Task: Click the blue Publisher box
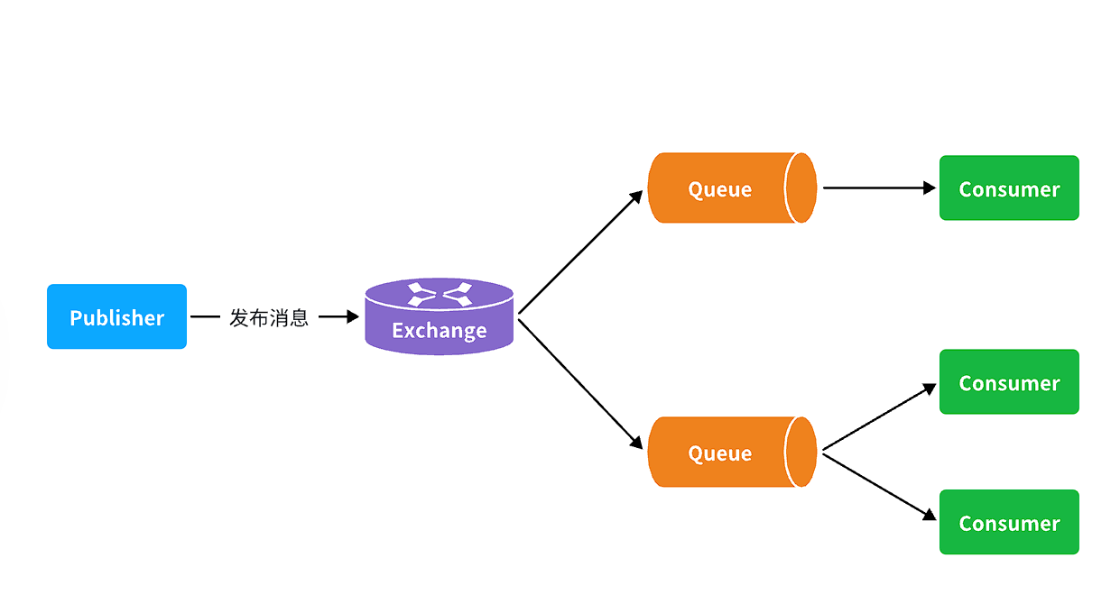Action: [x=116, y=316]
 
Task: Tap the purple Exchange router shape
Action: [x=439, y=317]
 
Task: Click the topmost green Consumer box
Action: [x=1009, y=188]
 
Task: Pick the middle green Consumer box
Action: [x=1009, y=382]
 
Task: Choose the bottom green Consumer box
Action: [x=1009, y=522]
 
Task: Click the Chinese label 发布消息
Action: [x=269, y=317]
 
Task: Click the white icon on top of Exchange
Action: [x=439, y=294]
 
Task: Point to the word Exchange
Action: [x=439, y=331]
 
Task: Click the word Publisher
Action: [x=116, y=317]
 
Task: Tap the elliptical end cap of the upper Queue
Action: [x=801, y=188]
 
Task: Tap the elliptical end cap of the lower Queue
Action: [x=801, y=452]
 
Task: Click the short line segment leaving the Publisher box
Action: [x=206, y=317]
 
